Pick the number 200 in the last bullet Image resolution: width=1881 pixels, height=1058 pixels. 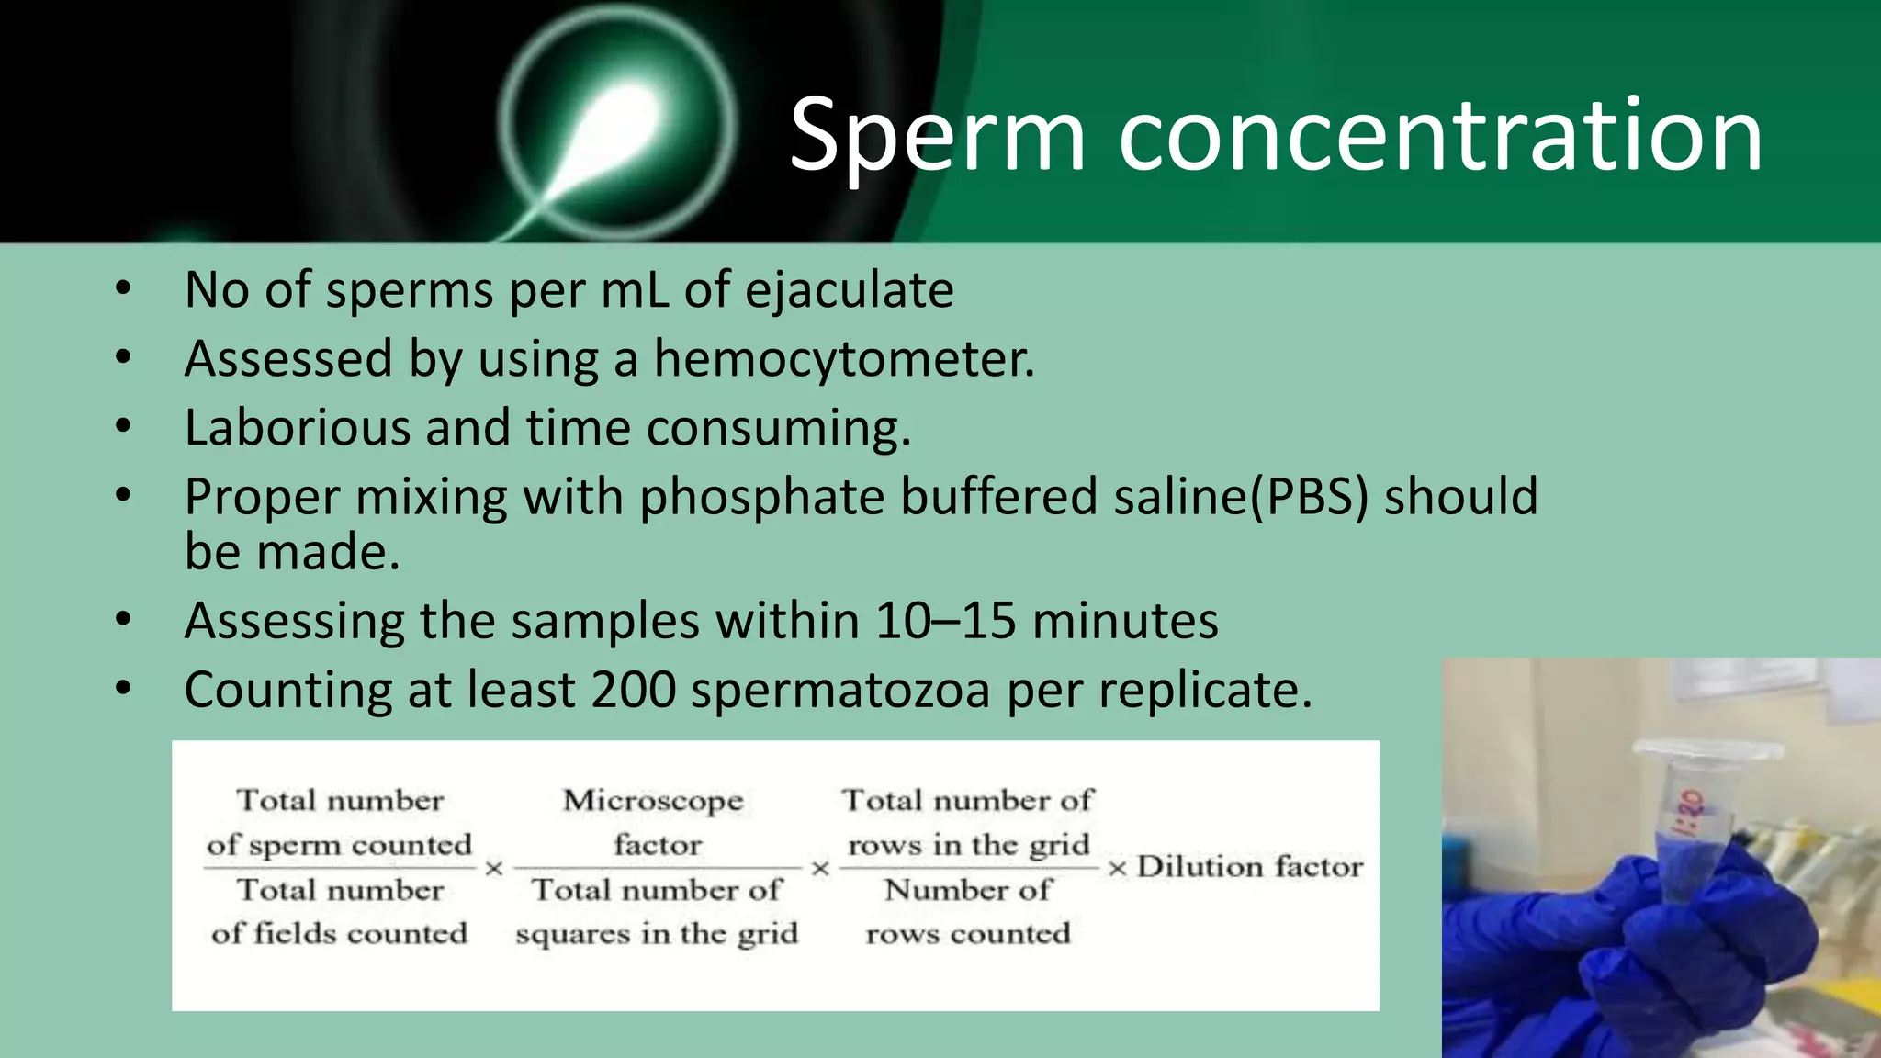point(634,690)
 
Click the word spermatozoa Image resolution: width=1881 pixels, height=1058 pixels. point(840,690)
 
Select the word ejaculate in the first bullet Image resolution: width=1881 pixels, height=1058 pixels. point(849,290)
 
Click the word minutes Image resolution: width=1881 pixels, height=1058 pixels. point(1125,621)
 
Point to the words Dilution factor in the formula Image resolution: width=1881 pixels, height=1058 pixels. point(1249,867)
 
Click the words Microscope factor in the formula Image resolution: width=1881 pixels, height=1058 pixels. point(654,822)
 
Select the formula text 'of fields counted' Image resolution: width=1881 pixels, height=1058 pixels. point(339,934)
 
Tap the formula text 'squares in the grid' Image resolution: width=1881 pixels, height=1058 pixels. point(657,934)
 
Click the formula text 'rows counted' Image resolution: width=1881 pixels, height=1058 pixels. point(968,934)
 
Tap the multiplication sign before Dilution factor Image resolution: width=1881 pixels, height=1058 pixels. point(1117,868)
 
